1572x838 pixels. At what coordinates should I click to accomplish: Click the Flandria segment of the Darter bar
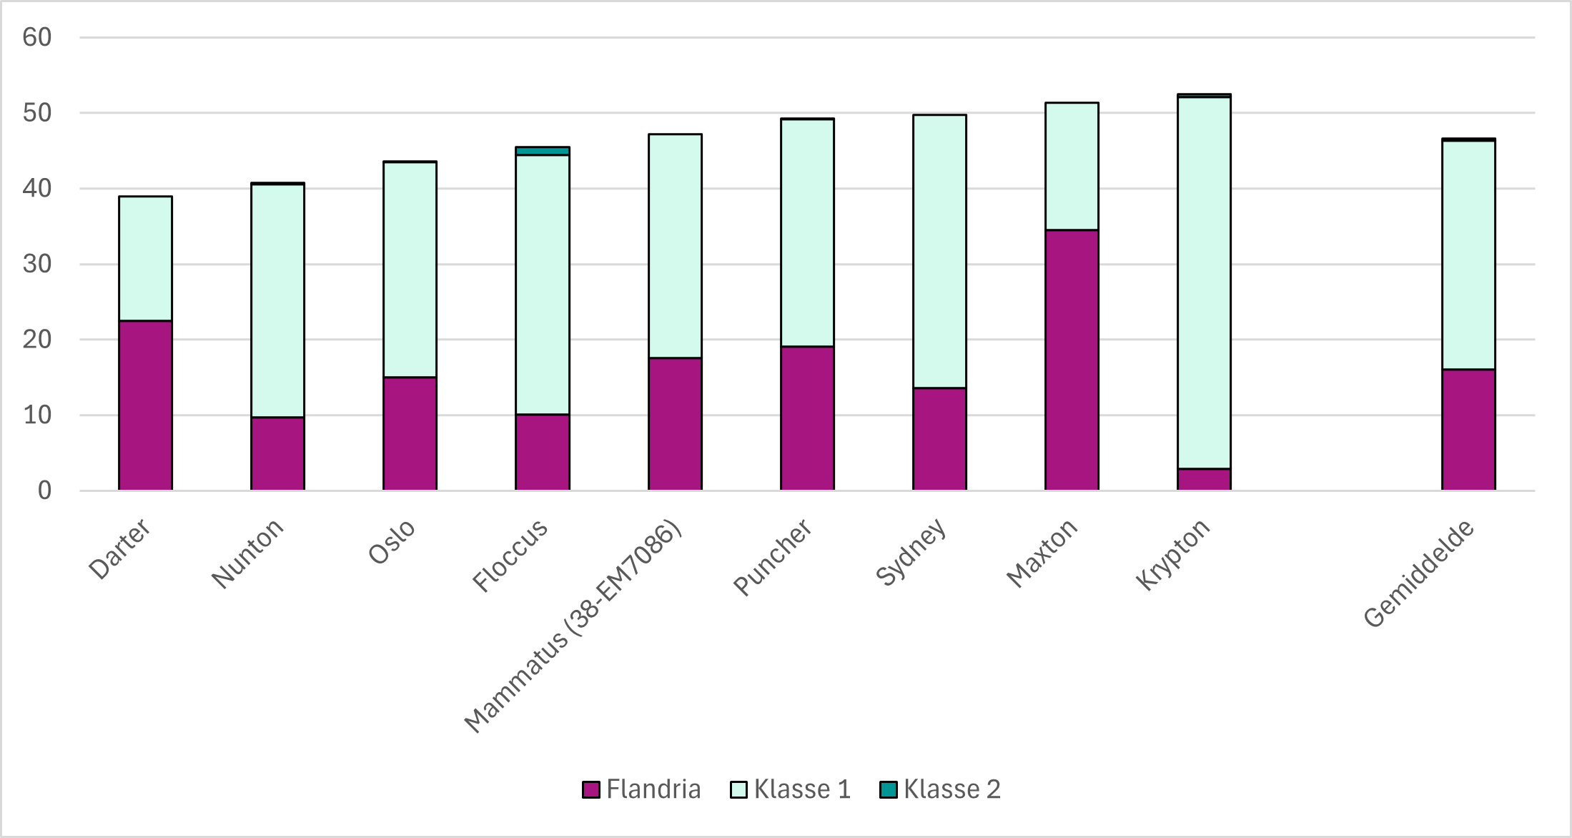click(145, 405)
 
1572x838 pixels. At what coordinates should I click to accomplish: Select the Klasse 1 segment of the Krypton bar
click(1204, 282)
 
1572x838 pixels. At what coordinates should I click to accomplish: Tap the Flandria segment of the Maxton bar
click(1072, 360)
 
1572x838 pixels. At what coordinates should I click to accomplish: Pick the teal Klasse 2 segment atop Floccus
click(543, 151)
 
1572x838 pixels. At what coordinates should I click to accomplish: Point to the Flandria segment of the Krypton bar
click(1204, 479)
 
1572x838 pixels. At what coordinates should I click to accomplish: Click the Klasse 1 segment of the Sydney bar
click(939, 251)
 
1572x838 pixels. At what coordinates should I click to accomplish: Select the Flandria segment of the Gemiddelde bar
click(1468, 430)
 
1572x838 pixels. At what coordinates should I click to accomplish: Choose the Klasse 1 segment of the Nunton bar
click(277, 300)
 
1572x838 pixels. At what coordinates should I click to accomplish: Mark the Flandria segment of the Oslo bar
click(410, 433)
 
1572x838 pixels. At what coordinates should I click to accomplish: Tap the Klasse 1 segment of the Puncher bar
click(807, 232)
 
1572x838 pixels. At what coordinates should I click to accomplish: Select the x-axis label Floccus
click(510, 555)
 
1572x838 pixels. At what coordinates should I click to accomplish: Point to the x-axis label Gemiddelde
click(1418, 573)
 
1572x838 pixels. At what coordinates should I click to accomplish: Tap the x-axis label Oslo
click(391, 541)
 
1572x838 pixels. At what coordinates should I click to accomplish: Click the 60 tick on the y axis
click(37, 37)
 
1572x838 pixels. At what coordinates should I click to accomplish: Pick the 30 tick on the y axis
click(37, 264)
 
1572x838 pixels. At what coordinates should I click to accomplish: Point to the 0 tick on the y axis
click(44, 491)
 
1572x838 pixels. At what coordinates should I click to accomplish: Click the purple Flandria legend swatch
click(591, 789)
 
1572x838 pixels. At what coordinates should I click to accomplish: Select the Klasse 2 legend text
click(951, 789)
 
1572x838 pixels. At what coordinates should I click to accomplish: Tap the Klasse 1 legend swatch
click(738, 789)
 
